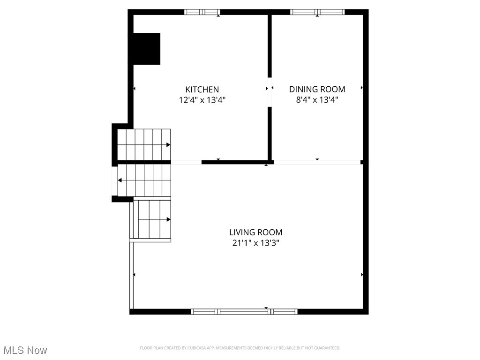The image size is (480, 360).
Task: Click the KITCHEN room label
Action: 202,89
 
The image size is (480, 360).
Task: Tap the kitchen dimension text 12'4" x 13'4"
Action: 202,100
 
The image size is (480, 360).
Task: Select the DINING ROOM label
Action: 317,89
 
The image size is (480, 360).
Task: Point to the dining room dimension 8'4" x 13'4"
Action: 317,100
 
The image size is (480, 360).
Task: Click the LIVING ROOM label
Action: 255,232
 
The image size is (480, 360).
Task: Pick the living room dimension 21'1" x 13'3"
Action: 255,243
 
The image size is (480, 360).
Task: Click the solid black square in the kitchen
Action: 147,49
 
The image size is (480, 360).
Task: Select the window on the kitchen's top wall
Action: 202,12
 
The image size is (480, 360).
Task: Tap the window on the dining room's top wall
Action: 317,12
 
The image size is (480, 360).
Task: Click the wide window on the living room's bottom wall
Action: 244,311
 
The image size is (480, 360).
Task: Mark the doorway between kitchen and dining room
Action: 270,92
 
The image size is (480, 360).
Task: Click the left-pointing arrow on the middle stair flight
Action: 120,180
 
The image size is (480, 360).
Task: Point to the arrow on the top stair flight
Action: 168,145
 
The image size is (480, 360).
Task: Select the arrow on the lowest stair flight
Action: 168,219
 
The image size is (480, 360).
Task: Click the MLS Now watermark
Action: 25,350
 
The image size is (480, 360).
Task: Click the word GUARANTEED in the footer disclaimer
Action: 329,348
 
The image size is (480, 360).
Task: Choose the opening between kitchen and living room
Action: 186,162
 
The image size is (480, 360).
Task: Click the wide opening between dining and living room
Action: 317,162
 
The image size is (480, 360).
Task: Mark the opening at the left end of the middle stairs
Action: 114,181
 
